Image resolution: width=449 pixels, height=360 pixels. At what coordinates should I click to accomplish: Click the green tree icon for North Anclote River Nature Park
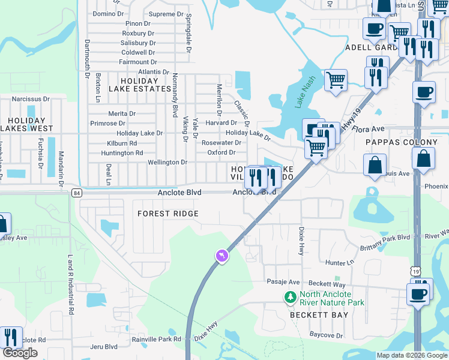coord(291,298)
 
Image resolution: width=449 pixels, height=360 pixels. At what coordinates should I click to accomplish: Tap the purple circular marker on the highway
coord(222,256)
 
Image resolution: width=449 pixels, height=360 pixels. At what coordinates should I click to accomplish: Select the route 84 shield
coord(76,193)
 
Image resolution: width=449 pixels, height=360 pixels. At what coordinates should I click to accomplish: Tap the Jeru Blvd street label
coord(103,347)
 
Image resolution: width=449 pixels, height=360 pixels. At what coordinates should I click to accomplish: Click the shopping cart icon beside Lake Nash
coord(336,79)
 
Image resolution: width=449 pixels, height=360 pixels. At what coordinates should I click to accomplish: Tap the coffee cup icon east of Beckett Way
coord(418,294)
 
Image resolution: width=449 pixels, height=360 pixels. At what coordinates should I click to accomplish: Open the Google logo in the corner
coord(20,353)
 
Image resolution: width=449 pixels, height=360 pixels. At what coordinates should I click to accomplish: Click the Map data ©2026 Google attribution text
coord(411,355)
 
